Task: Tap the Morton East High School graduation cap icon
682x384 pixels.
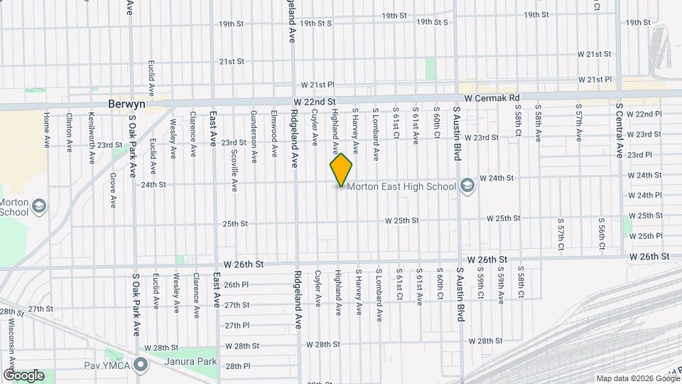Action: (467, 186)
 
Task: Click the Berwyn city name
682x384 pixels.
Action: (127, 103)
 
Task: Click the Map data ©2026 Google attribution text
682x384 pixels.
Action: (637, 378)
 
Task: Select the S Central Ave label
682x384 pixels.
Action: (619, 131)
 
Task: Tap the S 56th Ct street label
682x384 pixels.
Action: (601, 234)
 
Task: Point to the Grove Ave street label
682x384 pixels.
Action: (112, 191)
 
